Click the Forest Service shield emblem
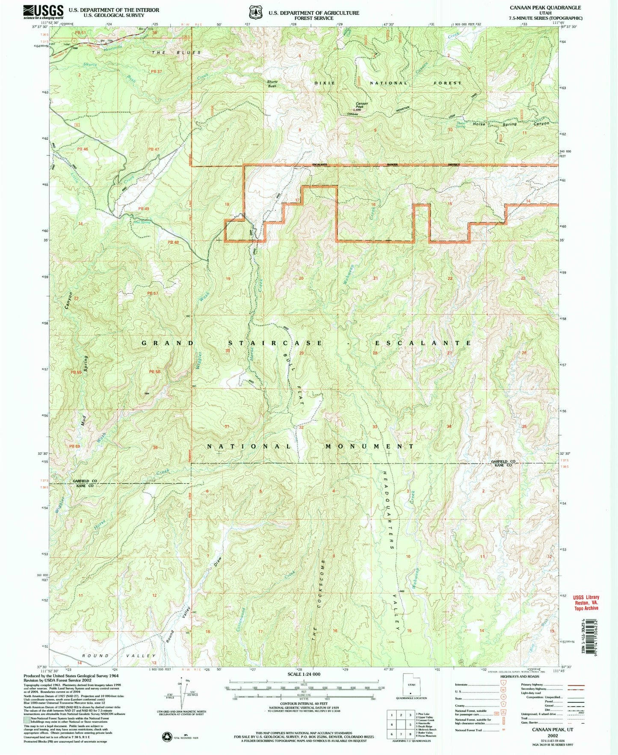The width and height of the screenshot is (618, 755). pos(256,12)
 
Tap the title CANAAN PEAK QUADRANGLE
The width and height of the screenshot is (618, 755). pos(545,8)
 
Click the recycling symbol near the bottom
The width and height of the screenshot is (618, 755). pos(167,736)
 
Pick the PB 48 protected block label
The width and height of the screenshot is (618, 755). pos(173,243)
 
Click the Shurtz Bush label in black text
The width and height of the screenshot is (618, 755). pos(272,84)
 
